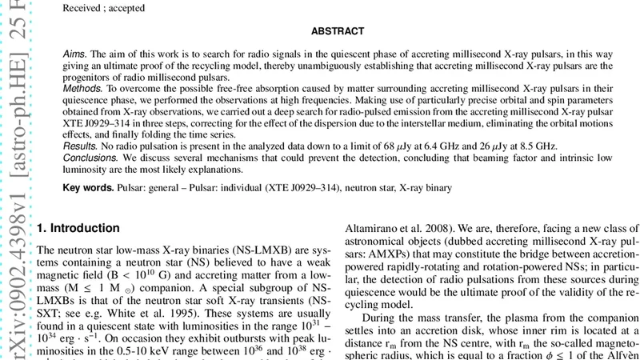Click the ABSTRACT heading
coord(338,32)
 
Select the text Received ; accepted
coord(104,7)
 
